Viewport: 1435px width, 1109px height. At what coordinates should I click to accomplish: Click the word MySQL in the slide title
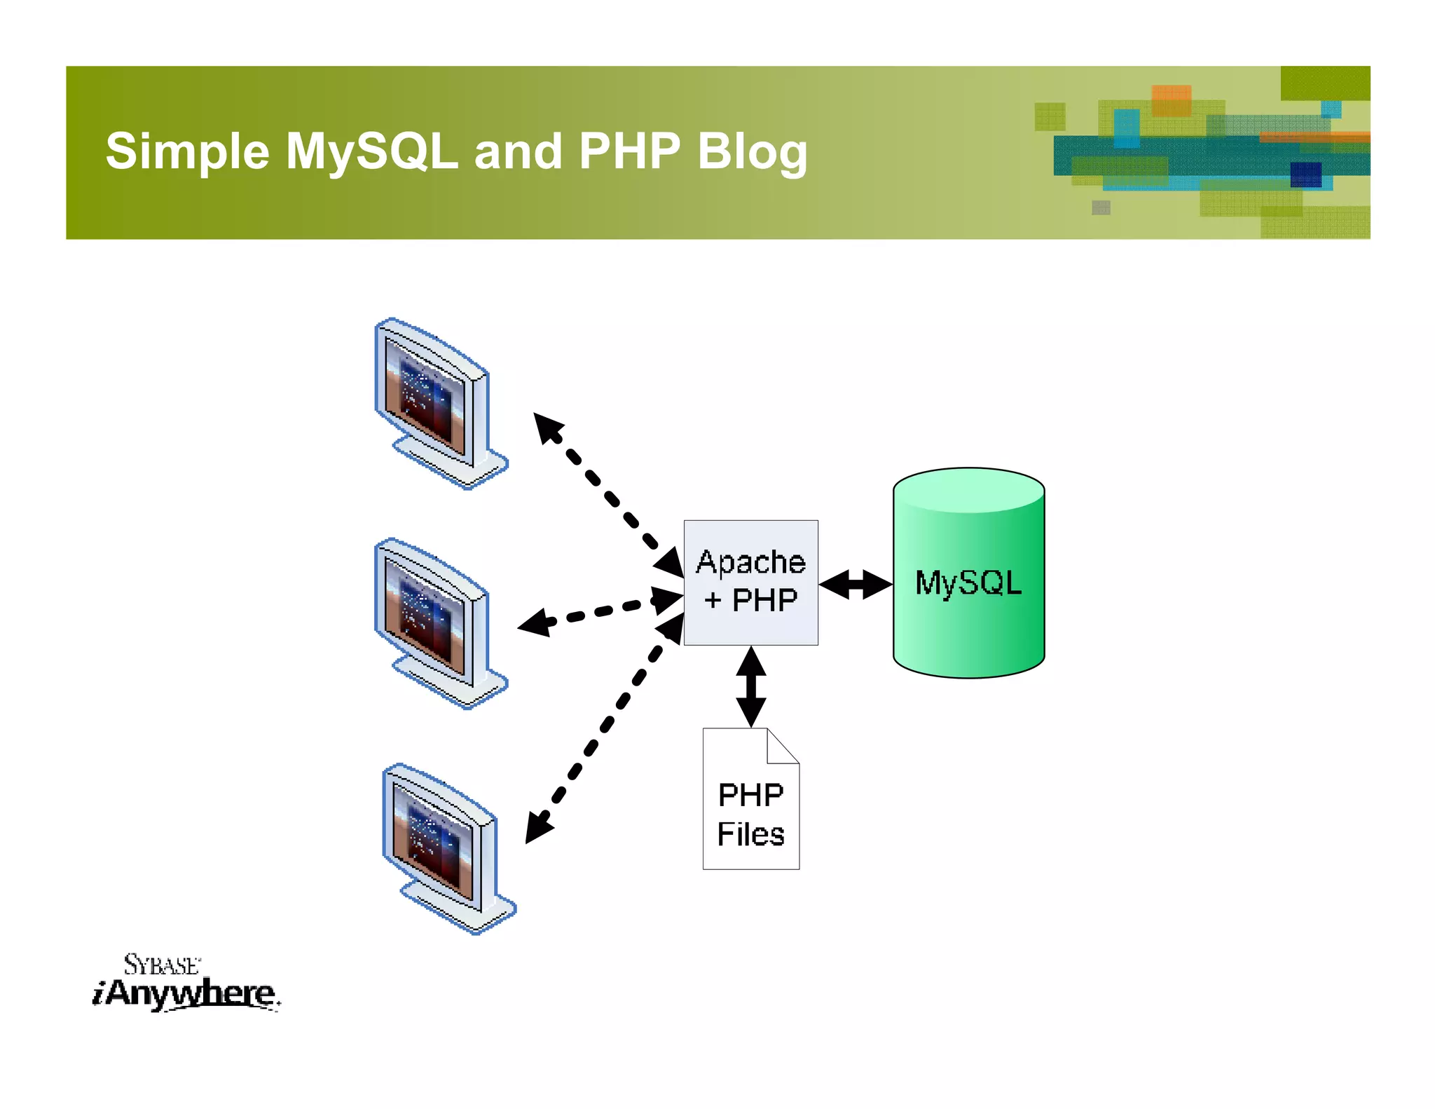pos(371,152)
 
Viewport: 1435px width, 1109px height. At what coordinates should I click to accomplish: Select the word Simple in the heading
pos(187,152)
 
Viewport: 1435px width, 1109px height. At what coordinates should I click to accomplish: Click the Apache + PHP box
pos(750,582)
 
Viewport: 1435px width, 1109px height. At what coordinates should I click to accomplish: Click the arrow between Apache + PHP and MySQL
pos(855,584)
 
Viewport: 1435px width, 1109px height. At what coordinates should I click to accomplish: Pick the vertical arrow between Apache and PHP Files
pos(751,686)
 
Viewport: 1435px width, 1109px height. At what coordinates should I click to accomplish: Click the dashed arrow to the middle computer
pos(600,611)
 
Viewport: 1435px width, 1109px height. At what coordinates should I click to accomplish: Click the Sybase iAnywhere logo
pos(185,983)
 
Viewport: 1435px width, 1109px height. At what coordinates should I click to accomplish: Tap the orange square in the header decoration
pos(1171,100)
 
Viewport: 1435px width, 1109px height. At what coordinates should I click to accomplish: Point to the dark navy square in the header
pos(1305,175)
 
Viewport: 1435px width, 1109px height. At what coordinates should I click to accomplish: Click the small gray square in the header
pos(1101,207)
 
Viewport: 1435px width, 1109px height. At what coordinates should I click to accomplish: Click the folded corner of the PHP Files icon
pos(782,745)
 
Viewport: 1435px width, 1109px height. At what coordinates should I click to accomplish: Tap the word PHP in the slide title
pos(629,152)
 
